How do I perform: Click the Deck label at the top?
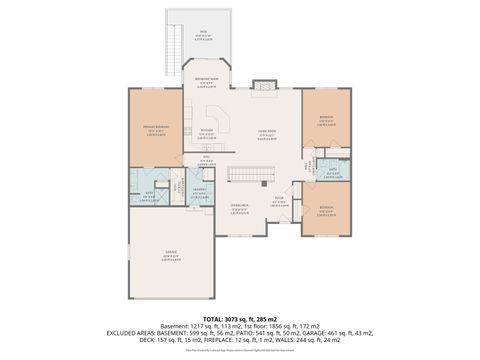click(x=203, y=32)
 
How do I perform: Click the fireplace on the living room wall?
click(x=262, y=87)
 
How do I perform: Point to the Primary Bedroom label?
click(x=155, y=128)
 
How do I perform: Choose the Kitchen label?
click(x=207, y=131)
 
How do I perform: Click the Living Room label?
click(x=265, y=134)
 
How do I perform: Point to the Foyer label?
click(x=281, y=200)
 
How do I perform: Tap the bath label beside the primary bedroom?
click(x=149, y=194)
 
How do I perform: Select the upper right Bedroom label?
click(x=325, y=119)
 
